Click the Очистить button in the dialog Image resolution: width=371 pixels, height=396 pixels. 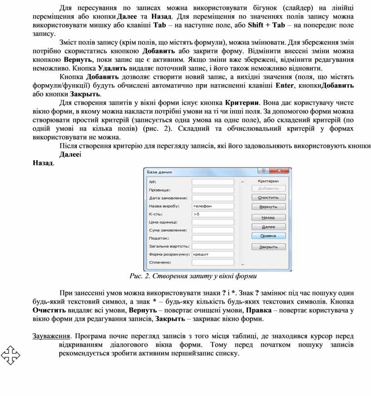268,198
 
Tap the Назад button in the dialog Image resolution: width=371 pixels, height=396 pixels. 268,217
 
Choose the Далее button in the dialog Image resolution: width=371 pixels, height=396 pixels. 268,227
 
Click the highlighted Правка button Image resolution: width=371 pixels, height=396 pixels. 268,236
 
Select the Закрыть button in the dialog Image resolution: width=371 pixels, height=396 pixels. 268,247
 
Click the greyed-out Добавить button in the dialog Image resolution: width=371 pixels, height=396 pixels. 268,188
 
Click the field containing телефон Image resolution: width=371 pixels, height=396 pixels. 212,206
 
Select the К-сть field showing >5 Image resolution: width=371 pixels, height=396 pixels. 212,214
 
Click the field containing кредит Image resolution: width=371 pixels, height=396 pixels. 212,254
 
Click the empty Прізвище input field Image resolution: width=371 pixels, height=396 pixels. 212,190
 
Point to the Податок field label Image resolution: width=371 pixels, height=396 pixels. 159,238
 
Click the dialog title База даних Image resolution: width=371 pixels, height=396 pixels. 159,173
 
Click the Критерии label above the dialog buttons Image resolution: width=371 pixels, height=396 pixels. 268,181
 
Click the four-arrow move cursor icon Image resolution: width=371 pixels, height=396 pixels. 10,355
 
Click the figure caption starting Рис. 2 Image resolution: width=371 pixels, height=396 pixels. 193,276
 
